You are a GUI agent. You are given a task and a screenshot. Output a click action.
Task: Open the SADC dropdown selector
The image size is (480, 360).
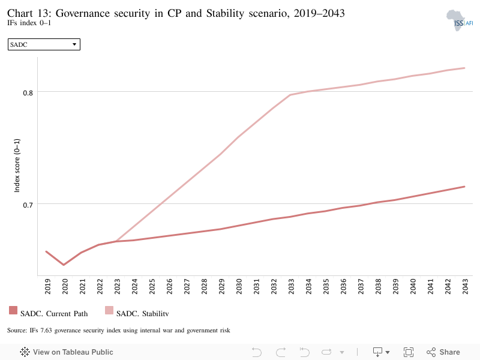click(44, 44)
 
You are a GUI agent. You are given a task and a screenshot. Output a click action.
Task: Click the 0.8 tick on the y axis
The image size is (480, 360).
click(28, 92)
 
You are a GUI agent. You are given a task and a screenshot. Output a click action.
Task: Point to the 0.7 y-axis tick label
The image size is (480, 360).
click(28, 205)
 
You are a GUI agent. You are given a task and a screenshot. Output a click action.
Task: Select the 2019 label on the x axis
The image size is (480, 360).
click(47, 287)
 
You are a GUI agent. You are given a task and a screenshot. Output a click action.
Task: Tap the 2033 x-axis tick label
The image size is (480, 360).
click(291, 287)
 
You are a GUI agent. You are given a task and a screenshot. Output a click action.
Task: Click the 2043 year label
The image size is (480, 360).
click(466, 287)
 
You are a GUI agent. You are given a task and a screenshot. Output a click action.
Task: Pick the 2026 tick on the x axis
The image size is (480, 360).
click(169, 287)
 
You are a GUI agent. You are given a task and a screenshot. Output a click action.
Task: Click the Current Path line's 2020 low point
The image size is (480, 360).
click(64, 265)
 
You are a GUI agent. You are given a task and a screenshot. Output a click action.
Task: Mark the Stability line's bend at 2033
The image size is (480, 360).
click(290, 95)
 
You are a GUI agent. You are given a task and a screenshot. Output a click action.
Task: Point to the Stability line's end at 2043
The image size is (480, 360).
click(464, 68)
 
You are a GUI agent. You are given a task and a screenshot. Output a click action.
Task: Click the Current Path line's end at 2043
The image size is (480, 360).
click(464, 187)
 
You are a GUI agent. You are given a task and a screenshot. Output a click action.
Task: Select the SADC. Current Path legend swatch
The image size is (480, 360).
click(13, 310)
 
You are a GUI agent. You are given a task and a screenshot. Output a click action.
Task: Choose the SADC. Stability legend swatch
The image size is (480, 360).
click(109, 310)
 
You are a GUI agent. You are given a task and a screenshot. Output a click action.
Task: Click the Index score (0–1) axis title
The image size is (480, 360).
click(17, 166)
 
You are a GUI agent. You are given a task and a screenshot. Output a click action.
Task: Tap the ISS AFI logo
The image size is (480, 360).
click(459, 20)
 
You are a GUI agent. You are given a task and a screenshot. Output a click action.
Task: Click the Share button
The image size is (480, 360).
click(443, 352)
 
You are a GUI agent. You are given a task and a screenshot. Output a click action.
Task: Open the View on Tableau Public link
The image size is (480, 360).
click(67, 352)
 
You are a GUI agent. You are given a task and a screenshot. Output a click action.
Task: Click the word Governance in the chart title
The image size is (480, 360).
click(83, 13)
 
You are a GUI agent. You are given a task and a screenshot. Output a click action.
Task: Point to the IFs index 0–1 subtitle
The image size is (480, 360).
click(29, 23)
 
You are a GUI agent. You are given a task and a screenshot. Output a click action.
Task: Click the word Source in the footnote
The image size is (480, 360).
click(17, 331)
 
